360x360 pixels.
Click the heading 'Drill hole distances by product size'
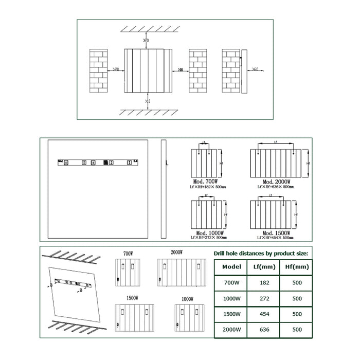(261, 254)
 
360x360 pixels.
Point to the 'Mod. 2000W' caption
(277, 182)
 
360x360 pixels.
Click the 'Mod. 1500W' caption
(277, 232)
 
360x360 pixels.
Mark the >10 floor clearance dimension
(148, 101)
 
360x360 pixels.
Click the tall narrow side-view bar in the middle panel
(163, 189)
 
